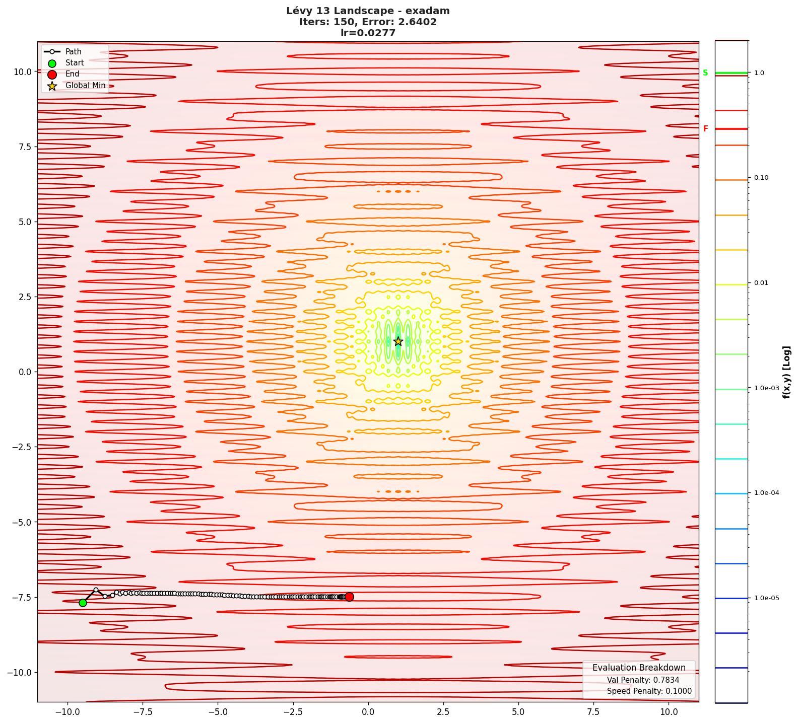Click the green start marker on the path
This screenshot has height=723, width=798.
(x=83, y=603)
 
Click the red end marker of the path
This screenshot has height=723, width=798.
(x=349, y=597)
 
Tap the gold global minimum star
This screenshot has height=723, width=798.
(x=398, y=341)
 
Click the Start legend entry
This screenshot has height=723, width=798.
(x=75, y=63)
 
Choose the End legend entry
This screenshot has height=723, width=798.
(x=72, y=74)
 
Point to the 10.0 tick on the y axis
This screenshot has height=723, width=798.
(x=23, y=71)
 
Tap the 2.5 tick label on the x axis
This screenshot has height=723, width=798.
(x=443, y=712)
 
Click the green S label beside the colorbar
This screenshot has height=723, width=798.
(x=705, y=73)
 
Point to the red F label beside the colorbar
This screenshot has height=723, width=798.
(x=705, y=129)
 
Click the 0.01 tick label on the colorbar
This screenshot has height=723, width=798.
(x=761, y=283)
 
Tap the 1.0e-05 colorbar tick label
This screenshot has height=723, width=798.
(x=766, y=598)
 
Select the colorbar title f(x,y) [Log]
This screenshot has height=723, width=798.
(x=786, y=372)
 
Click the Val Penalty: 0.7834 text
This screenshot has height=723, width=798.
(x=643, y=680)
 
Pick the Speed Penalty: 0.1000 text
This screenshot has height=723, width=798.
(x=649, y=691)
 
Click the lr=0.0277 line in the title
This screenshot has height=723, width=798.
(x=368, y=33)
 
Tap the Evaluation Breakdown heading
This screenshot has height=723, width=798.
(x=639, y=668)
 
